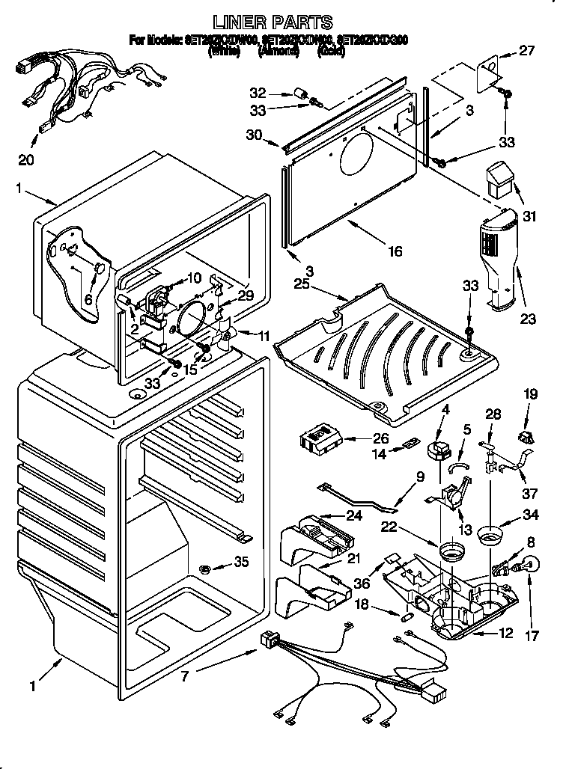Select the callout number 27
527,52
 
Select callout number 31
530,218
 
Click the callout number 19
530,393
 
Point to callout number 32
258,94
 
